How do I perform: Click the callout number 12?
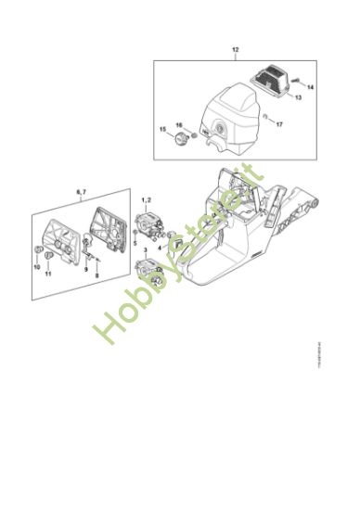235,47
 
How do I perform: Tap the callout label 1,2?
146,199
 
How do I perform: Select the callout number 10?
39,267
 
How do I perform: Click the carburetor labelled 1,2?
148,225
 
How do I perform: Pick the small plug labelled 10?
40,251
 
